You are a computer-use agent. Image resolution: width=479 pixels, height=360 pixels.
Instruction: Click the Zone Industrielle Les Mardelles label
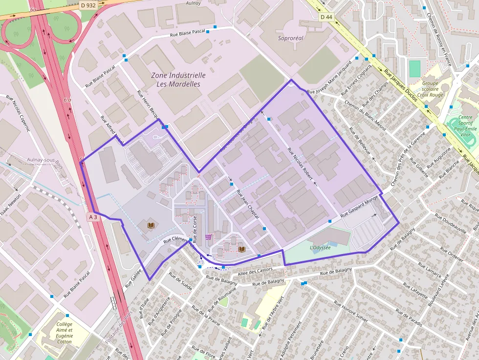tap(178, 80)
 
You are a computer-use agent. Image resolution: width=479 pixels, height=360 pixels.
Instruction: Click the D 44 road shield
tap(326, 17)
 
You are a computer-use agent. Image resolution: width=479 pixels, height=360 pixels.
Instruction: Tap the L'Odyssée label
tap(320, 247)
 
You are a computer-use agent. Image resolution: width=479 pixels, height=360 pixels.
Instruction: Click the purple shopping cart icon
tap(209, 237)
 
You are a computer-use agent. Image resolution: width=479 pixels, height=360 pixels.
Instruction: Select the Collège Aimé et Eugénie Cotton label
tap(64, 333)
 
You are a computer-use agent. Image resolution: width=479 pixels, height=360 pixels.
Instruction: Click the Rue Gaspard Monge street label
tap(361, 208)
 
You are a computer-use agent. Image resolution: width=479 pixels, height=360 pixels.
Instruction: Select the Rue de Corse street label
tap(195, 230)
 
